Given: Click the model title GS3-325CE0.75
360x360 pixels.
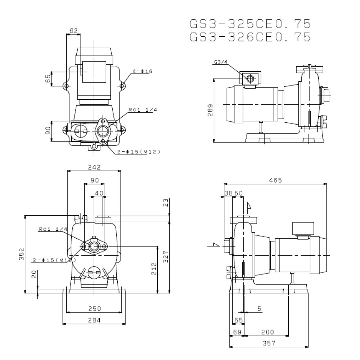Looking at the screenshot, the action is pos(250,24).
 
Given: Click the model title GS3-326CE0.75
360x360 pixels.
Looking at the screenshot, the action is pos(250,37).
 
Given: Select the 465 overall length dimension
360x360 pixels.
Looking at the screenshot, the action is pos(275,180).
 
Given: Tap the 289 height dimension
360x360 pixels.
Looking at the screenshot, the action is pos(210,110).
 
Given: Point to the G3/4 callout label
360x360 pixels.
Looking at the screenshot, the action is pos(221,62).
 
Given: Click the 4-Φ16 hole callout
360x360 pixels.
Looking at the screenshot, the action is pos(142,71).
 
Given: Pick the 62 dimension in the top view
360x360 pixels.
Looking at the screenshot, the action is pos(73,31).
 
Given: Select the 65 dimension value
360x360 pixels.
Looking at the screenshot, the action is pos(48,79).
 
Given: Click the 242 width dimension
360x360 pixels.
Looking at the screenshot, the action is pos(94,167).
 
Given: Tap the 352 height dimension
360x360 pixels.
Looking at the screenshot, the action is pos(21,254).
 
